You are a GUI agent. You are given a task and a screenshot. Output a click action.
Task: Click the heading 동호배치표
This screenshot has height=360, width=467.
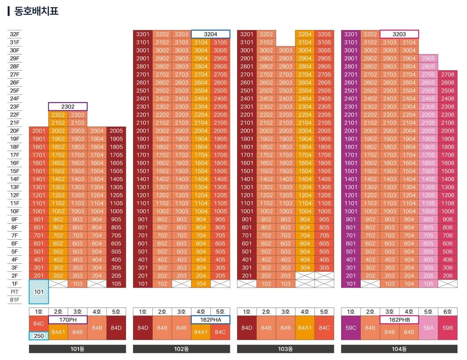36,11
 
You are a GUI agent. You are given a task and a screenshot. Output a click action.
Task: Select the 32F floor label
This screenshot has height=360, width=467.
14,34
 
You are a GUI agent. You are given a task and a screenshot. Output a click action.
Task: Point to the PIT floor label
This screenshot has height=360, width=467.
14,292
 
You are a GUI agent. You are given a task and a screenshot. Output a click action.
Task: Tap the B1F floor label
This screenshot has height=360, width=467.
14,300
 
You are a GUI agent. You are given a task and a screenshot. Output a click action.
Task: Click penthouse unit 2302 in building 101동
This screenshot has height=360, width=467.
68,107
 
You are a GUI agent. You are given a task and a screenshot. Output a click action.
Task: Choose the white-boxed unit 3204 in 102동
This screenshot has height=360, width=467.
211,34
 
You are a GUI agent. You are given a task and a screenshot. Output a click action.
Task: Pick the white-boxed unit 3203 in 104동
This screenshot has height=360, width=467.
399,34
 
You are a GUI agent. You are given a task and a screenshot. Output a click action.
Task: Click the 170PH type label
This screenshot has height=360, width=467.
68,320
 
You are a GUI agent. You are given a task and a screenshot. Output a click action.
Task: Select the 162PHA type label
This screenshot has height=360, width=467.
211,320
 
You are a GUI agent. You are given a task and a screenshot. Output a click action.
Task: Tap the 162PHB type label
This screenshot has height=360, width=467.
399,320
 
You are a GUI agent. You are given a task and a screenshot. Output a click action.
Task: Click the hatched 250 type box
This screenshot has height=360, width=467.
39,336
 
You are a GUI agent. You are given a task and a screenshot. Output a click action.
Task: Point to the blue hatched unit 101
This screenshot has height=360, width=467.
39,292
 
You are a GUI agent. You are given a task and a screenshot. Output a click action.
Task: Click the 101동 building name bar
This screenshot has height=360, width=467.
78,349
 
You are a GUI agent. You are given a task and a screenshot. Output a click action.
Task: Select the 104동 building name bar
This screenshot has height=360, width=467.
399,349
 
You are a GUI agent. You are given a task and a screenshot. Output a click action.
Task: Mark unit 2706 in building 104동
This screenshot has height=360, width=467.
448,74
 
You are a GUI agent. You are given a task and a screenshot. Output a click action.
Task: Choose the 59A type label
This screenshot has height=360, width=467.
428,328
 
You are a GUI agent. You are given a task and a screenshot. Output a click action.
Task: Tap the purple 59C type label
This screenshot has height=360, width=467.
351,328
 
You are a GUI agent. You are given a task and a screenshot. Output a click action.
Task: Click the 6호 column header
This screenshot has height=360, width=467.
448,312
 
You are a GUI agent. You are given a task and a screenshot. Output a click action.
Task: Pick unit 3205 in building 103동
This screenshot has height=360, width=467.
324,34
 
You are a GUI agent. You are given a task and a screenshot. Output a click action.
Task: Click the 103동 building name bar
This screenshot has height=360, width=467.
285,349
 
